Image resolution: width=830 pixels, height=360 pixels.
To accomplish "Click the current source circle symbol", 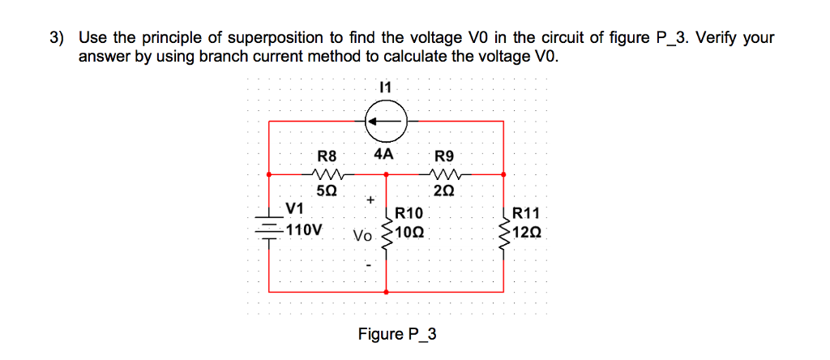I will pyautogui.click(x=385, y=122).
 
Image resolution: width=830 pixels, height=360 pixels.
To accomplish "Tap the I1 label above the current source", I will pyautogui.click(x=385, y=86).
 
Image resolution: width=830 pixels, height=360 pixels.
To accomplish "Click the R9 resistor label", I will pyautogui.click(x=445, y=156).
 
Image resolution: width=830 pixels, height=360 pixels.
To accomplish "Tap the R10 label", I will pyautogui.click(x=409, y=214).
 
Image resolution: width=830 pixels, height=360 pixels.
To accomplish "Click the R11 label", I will pyautogui.click(x=526, y=214).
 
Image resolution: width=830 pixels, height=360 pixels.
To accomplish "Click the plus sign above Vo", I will pyautogui.click(x=370, y=199).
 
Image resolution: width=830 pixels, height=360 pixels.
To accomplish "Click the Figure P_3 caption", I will pyautogui.click(x=397, y=334).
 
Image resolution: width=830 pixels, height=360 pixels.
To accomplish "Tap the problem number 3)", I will pyautogui.click(x=56, y=37).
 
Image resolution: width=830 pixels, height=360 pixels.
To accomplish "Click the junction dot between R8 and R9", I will pyautogui.click(x=386, y=174).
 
